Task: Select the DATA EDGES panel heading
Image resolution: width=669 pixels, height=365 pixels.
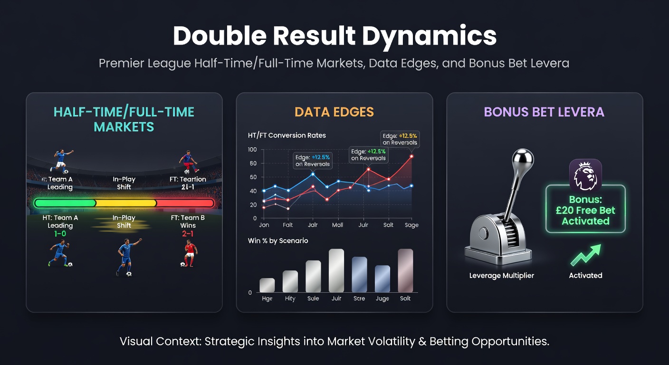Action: [x=334, y=112]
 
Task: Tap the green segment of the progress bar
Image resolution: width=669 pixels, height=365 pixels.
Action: [x=65, y=203]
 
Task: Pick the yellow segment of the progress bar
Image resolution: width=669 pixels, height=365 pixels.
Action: [x=126, y=203]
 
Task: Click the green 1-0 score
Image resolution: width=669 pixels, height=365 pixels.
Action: [x=60, y=234]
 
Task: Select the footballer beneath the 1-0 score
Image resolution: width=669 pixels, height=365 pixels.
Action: [x=59, y=255]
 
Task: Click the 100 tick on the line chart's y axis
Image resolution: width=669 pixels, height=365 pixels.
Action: [x=252, y=150]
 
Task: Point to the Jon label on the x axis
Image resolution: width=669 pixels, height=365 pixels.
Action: [x=264, y=225]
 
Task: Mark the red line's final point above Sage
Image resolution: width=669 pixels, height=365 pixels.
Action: [x=411, y=156]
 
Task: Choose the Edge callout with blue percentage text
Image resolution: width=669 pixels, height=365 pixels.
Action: [x=312, y=160]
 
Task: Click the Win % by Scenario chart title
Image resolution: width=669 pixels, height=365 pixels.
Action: [x=278, y=240]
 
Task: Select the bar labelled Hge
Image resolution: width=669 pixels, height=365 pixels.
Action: [x=267, y=285]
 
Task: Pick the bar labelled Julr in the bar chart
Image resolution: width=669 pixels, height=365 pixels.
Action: [x=336, y=270]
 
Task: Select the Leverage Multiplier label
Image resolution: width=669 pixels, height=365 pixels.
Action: [x=502, y=276]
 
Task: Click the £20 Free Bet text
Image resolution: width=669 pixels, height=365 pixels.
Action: [x=585, y=211]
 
